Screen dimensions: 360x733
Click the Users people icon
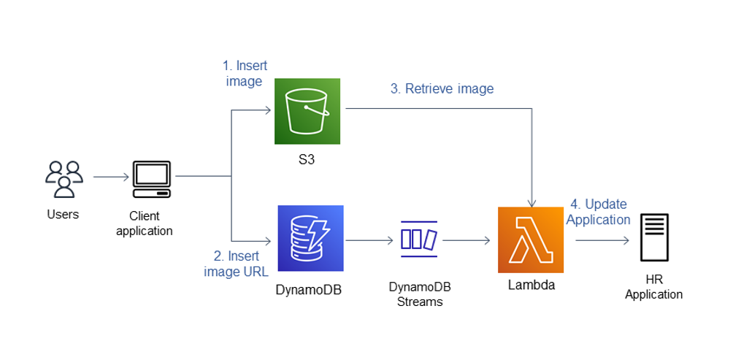pos(64,179)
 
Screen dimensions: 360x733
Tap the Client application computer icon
pos(151,180)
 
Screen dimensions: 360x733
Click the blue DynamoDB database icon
pos(310,238)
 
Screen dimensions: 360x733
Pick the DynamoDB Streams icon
pos(418,239)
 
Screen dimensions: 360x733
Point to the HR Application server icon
pos(654,237)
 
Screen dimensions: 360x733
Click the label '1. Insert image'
pos(246,73)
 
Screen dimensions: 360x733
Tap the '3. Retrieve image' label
pos(442,89)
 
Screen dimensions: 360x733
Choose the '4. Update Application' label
pos(598,212)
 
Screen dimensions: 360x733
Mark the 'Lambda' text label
pos(531,285)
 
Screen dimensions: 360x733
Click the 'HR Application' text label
pos(654,288)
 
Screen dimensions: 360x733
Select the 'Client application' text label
pos(150,223)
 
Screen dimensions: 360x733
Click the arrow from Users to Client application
pos(110,177)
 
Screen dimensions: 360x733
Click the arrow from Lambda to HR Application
pos(599,240)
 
